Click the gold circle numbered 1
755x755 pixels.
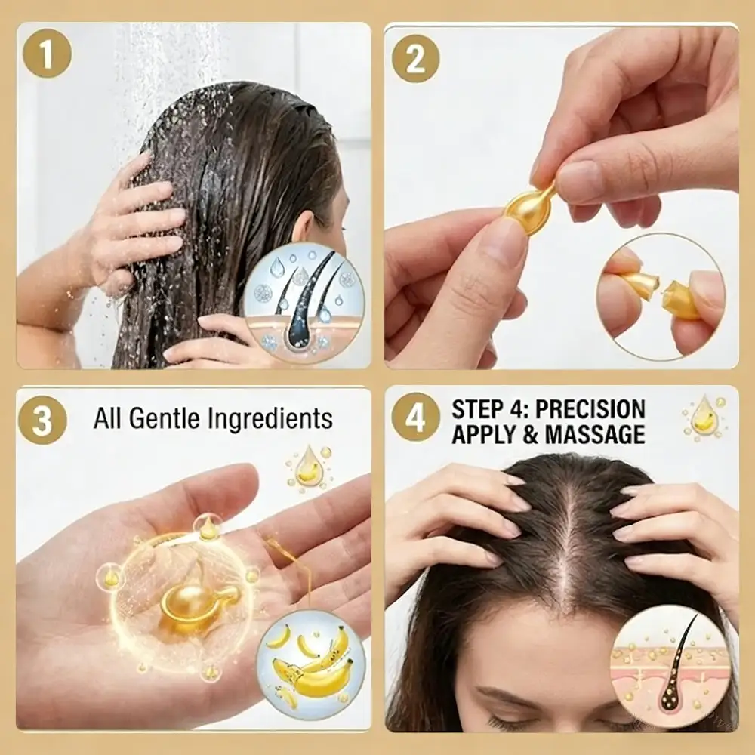click(x=47, y=54)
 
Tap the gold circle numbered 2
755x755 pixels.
click(x=415, y=59)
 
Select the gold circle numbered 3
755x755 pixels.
click(x=42, y=420)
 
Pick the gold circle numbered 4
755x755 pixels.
click(x=415, y=417)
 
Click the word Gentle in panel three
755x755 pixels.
click(x=164, y=418)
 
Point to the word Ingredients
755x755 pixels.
click(x=270, y=418)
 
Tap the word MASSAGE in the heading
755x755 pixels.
click(x=595, y=434)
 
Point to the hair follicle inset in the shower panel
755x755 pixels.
click(x=304, y=301)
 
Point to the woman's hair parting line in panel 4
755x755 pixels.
click(x=569, y=544)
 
